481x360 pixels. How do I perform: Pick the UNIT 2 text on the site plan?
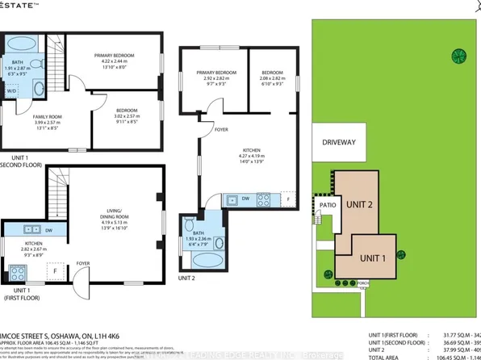tap(361, 204)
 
